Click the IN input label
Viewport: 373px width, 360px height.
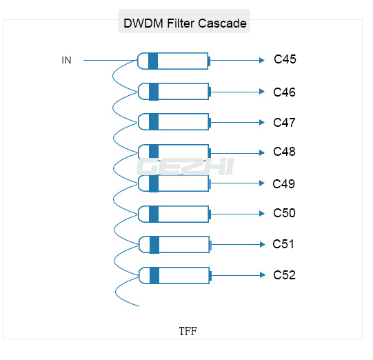click(66, 60)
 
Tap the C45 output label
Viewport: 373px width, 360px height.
click(285, 59)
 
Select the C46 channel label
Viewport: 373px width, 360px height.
click(284, 92)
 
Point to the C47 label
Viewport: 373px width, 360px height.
click(284, 123)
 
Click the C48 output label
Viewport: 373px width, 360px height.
click(284, 152)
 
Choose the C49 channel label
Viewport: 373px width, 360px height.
click(284, 184)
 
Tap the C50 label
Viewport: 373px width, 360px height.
click(284, 213)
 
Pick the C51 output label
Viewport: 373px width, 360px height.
click(283, 244)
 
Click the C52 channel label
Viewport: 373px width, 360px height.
click(284, 275)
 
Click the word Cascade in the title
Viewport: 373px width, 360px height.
click(222, 23)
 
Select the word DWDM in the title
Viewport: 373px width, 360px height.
click(143, 23)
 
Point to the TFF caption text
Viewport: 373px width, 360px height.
click(188, 331)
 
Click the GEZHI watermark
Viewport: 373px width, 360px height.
click(185, 167)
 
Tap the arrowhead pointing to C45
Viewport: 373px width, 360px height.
click(262, 61)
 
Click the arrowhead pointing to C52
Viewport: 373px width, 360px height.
click(263, 275)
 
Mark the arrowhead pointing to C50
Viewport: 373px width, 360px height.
click(262, 214)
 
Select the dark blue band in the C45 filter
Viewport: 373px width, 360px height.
click(153, 61)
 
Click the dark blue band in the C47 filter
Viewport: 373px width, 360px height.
click(154, 122)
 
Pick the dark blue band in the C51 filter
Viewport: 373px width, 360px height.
click(154, 245)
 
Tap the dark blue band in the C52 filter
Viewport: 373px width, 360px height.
click(154, 275)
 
